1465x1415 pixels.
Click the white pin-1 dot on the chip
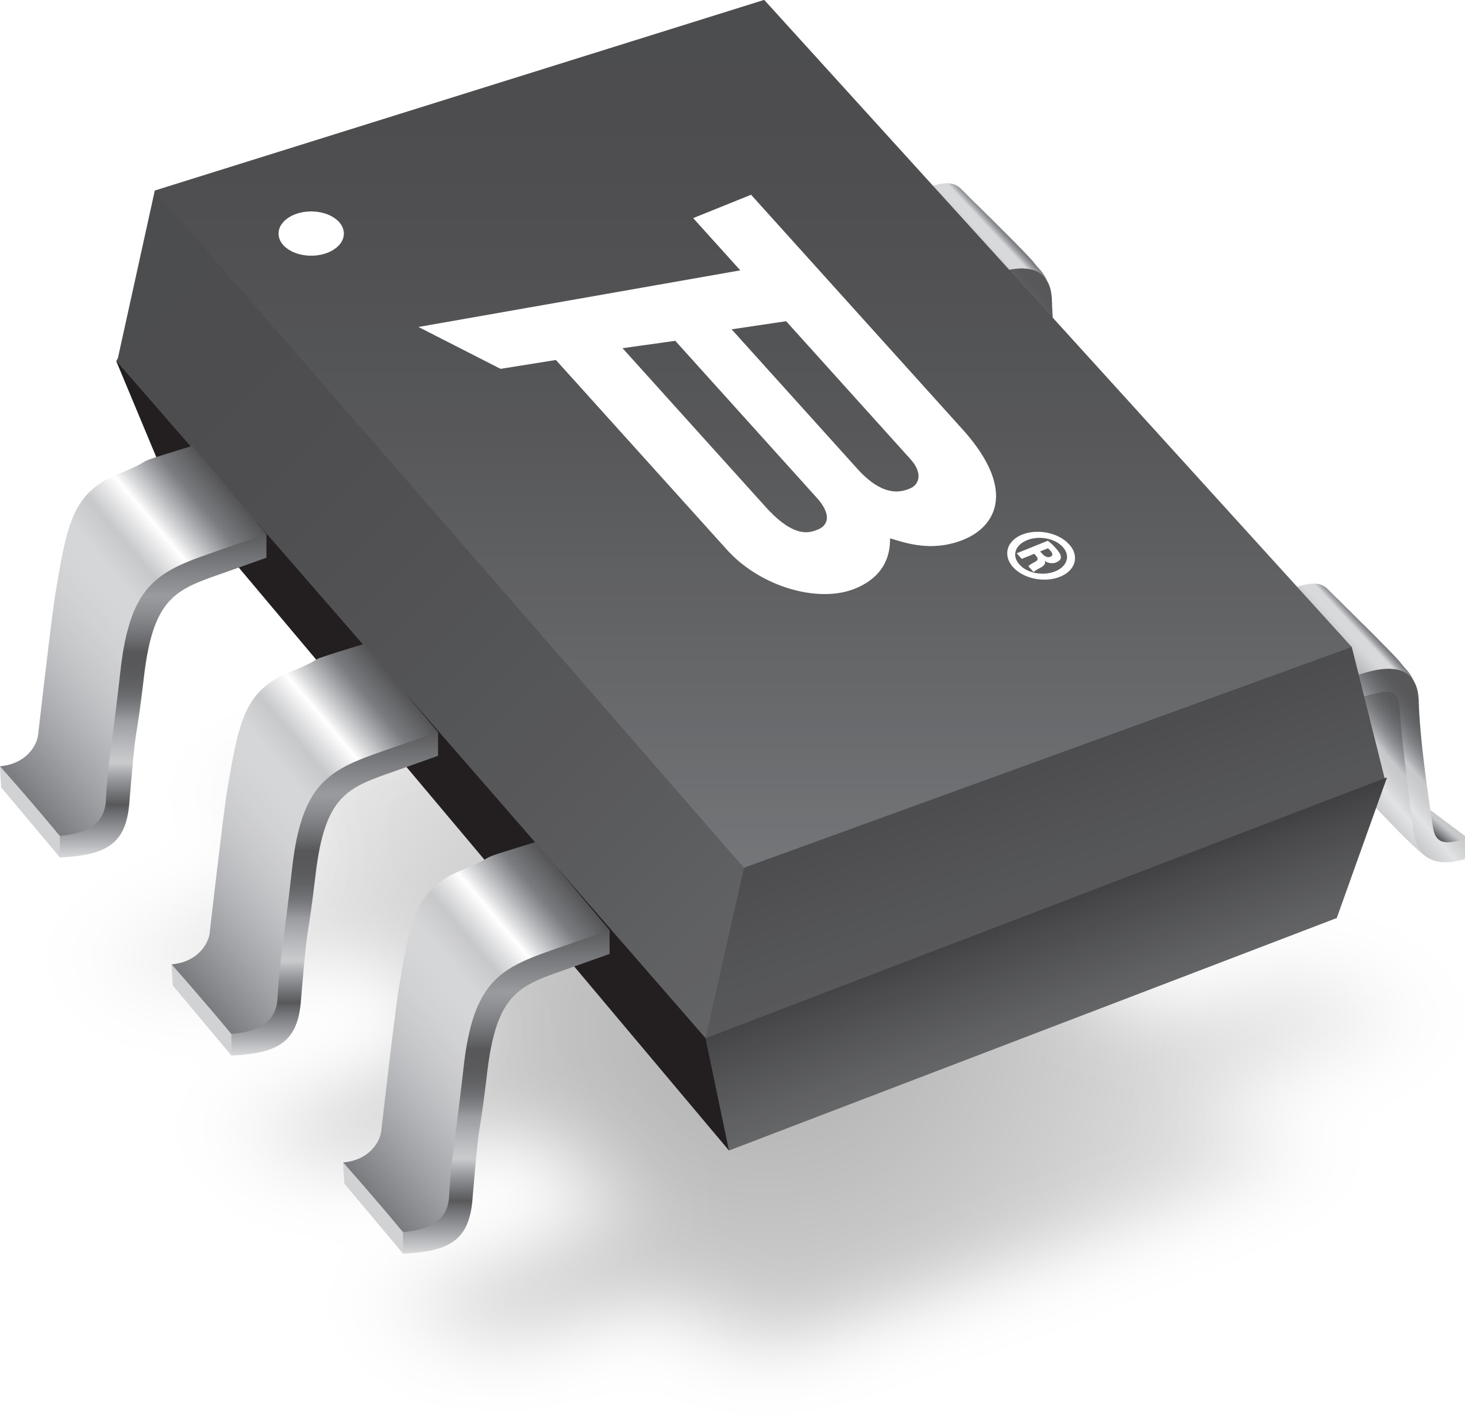pos(311,233)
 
